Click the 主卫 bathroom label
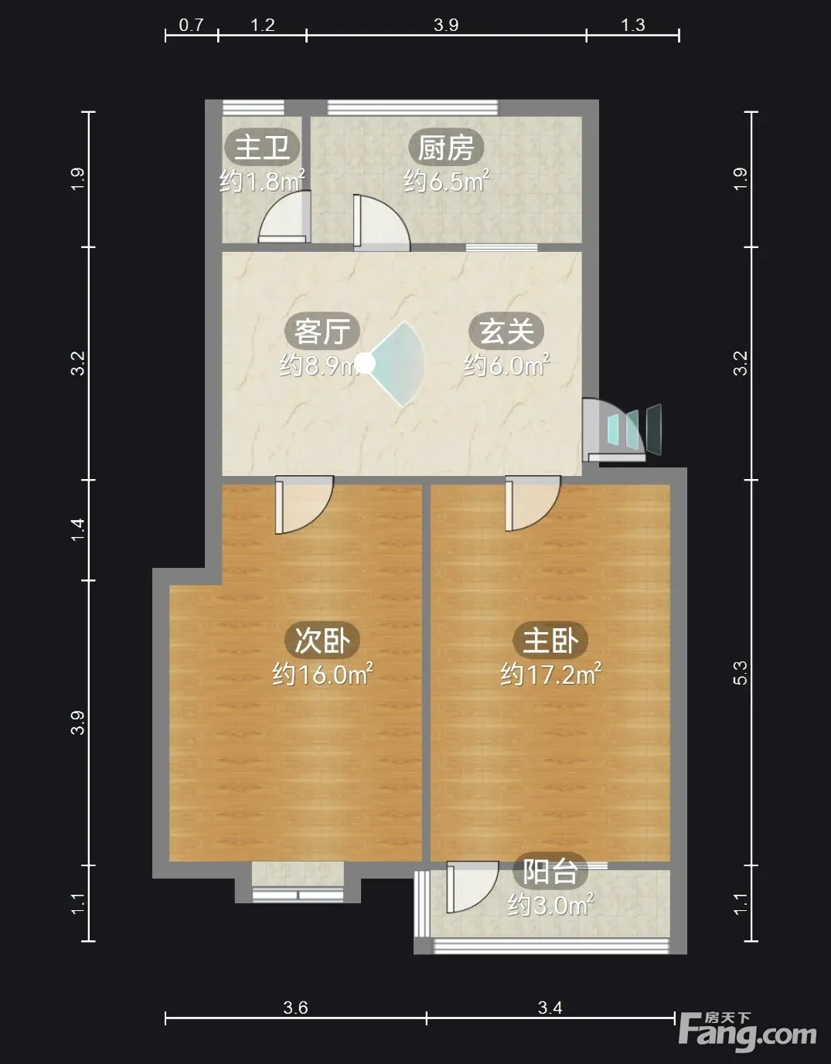tap(262, 147)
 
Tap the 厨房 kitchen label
tap(446, 147)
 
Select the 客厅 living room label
tap(322, 331)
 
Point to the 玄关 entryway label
tap(506, 331)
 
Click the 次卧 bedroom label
tap(322, 640)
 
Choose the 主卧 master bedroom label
tap(550, 640)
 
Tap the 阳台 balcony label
tap(550, 872)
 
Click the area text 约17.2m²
tap(550, 675)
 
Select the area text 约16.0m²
tap(322, 675)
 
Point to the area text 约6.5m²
tap(446, 181)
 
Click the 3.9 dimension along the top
tap(446, 25)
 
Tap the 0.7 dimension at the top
tap(191, 25)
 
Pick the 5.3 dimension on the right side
tap(741, 673)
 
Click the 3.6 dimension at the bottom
tap(295, 1007)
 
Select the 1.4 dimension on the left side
tap(78, 530)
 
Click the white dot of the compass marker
tap(364, 363)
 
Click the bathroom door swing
tap(284, 216)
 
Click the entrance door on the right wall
tap(615, 430)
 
